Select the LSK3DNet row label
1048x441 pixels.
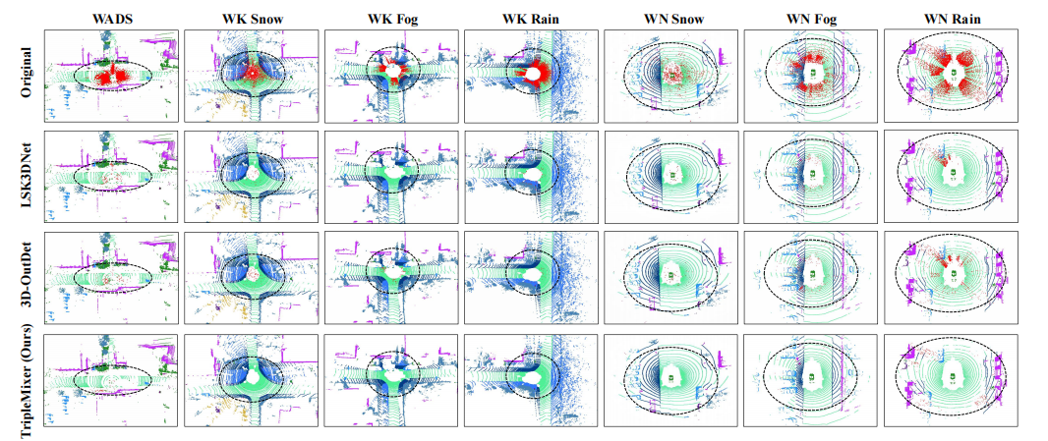pyautogui.click(x=37, y=178)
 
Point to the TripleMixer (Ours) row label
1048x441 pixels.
pyautogui.click(x=37, y=378)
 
